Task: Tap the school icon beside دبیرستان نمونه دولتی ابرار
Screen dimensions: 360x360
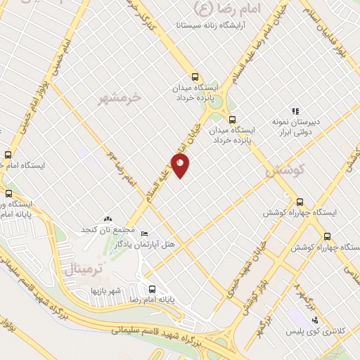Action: (295, 110)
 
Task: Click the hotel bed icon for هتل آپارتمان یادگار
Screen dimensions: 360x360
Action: (144, 234)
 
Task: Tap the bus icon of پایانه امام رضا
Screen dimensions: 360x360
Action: (152, 288)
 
